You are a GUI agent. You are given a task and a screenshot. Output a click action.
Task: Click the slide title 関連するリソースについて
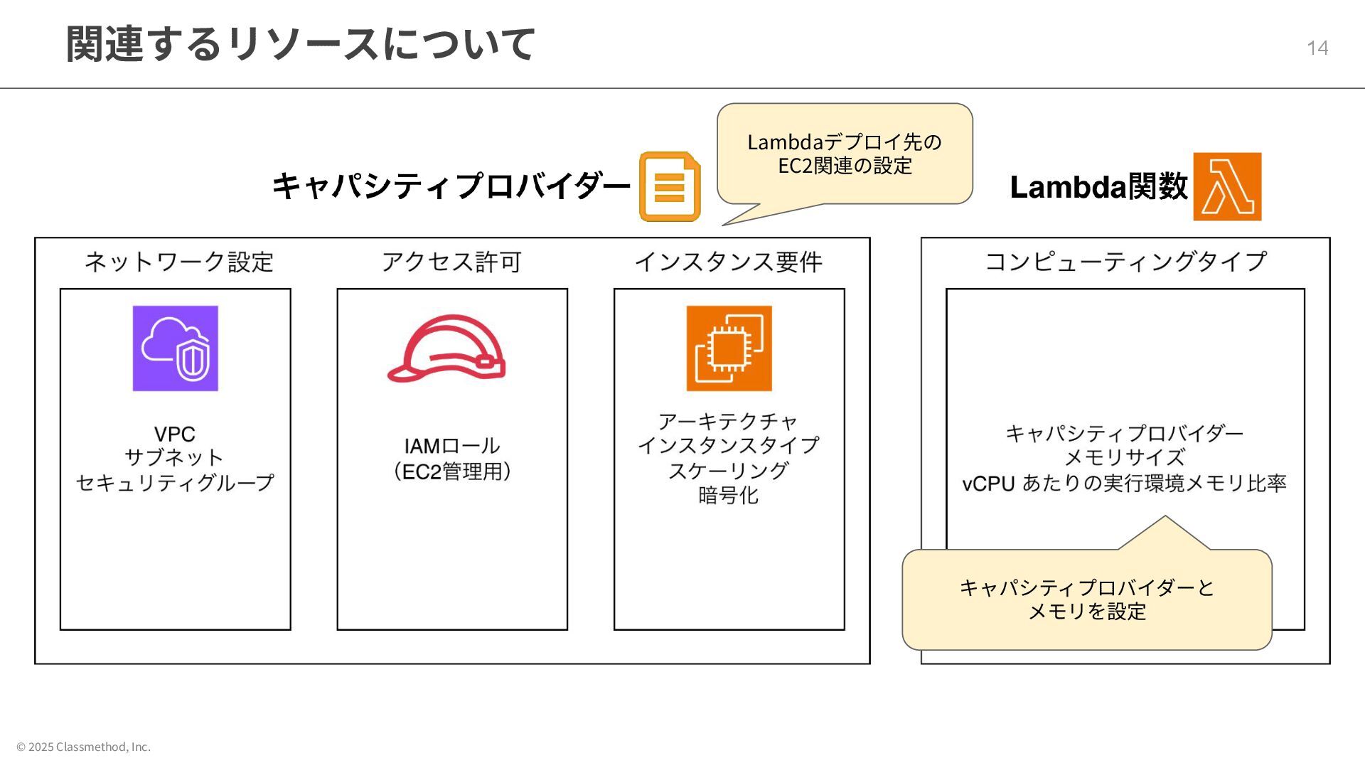coord(300,44)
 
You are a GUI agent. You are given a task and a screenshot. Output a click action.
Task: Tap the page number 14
coord(1317,48)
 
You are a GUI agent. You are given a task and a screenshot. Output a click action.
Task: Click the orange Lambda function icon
coord(1227,186)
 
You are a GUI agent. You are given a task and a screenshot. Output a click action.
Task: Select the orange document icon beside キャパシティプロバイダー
coord(670,186)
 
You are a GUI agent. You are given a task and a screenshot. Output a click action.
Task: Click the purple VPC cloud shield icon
coord(176,348)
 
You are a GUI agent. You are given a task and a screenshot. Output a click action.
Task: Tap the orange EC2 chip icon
coord(729,348)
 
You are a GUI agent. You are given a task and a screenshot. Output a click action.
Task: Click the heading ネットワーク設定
coord(179,262)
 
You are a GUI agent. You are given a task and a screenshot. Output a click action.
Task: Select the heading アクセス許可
coord(451,262)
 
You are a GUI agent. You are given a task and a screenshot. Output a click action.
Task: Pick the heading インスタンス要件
coord(729,262)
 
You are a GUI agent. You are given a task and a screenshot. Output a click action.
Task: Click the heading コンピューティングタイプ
coord(1125,262)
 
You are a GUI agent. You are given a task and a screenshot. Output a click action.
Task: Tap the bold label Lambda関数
coord(1098,187)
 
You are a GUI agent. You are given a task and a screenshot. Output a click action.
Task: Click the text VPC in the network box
coord(175,434)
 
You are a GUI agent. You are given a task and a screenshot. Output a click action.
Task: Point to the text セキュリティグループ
coord(175,483)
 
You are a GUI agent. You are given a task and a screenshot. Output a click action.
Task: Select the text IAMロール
coord(452,446)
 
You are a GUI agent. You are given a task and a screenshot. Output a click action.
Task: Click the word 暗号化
coord(729,495)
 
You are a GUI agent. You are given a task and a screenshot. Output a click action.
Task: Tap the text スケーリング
coord(729,470)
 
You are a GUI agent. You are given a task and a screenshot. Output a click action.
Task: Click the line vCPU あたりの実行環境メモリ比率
coord(1125,484)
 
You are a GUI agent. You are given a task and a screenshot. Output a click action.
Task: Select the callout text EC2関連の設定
coord(845,166)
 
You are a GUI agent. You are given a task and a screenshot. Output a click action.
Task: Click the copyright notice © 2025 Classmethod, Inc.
coord(84,747)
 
